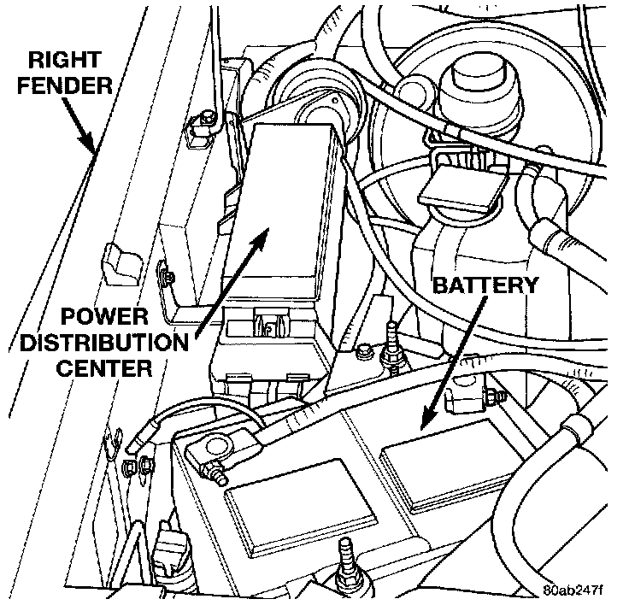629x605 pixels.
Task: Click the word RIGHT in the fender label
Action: (65, 62)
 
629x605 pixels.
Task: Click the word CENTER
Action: (102, 370)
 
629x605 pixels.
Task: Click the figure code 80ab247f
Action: (579, 590)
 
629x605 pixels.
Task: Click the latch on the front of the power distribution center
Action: (268, 326)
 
